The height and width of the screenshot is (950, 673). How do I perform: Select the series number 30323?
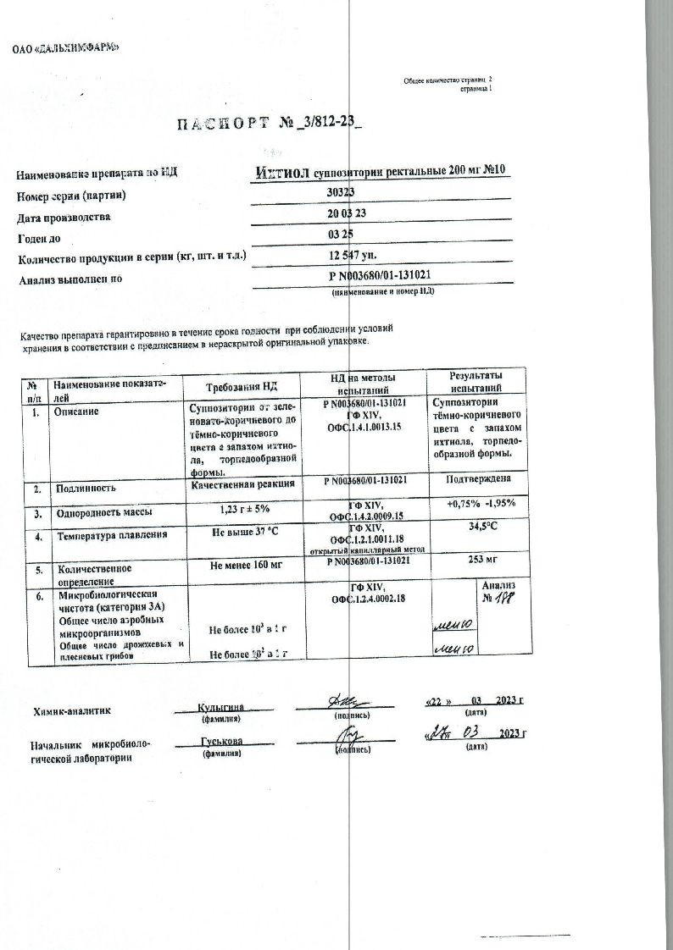click(x=341, y=193)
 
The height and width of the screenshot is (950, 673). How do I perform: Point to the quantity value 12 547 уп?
click(x=354, y=254)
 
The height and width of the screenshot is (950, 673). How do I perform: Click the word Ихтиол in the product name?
click(x=282, y=172)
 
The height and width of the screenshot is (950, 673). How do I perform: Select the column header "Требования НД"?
click(x=242, y=385)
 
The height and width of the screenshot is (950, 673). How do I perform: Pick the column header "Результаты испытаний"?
click(x=479, y=380)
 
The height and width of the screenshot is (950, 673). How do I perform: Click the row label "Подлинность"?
click(x=85, y=489)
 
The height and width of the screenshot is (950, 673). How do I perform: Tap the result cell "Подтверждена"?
click(x=480, y=480)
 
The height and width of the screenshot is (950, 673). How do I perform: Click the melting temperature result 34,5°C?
click(x=482, y=526)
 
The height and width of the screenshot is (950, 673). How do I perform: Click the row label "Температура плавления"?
click(x=111, y=536)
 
